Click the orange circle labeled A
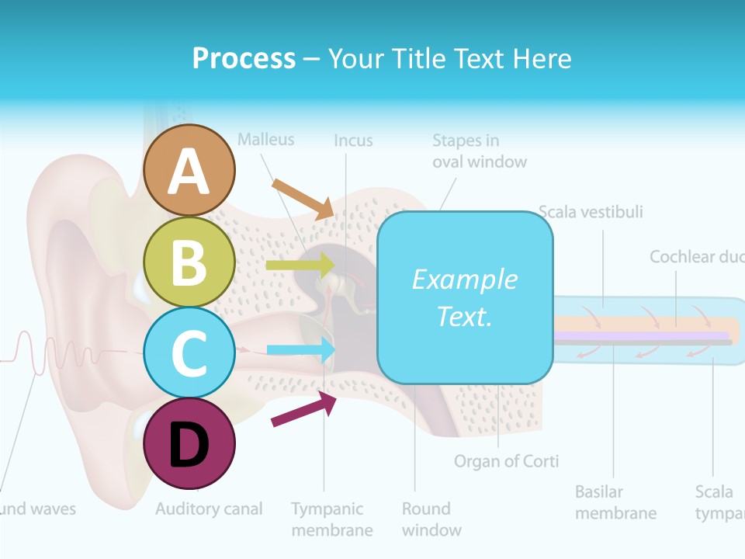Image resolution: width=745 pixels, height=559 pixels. (x=189, y=170)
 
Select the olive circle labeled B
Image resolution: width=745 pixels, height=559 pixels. (x=189, y=262)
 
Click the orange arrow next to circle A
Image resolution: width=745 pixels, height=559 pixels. (x=303, y=198)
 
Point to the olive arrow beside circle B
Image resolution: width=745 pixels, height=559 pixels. (x=300, y=266)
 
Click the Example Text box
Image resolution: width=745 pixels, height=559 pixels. (x=465, y=297)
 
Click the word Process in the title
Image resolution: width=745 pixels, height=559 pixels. (x=244, y=58)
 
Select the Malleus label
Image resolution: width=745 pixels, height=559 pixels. (x=266, y=140)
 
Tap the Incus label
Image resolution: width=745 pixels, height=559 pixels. (x=353, y=141)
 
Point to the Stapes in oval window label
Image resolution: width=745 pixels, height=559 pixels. (x=479, y=151)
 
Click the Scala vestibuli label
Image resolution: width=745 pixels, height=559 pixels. (x=591, y=212)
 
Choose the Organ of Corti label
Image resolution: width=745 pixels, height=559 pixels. (x=506, y=461)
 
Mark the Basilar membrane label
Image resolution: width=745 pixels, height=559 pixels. (x=615, y=502)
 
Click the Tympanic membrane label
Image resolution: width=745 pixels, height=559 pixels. (x=331, y=519)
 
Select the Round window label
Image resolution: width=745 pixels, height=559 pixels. (x=431, y=519)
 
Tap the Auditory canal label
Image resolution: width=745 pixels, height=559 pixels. (x=209, y=509)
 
